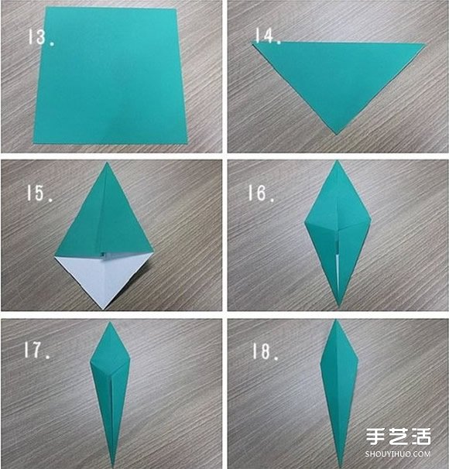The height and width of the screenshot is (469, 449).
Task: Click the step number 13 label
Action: point(41,37)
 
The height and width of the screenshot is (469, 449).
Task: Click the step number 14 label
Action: point(268,36)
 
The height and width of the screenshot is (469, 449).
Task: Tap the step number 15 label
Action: point(39,193)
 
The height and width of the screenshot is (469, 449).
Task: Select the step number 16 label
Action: point(261,193)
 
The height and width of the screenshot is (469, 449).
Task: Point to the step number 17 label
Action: point(37,351)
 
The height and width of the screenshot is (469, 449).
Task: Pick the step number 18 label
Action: point(266,351)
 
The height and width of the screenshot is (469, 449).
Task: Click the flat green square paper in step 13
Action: point(110,75)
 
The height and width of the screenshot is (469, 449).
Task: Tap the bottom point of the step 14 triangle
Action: point(337,135)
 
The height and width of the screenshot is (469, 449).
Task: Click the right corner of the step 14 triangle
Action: point(424,44)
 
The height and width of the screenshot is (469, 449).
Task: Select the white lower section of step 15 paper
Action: point(103,276)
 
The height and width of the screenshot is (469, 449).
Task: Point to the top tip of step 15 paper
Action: point(107,163)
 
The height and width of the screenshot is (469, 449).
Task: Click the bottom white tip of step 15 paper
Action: point(103,308)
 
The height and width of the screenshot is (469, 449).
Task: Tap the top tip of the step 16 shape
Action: point(338,161)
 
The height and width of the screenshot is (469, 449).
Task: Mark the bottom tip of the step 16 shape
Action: point(339,306)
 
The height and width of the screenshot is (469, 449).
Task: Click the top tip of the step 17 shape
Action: point(110,322)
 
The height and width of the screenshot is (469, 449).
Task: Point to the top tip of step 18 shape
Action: point(336,320)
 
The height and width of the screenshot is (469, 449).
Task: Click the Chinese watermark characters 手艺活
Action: point(399,436)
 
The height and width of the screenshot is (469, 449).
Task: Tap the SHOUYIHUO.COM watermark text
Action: point(398,454)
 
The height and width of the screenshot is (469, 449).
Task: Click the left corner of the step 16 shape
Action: point(305,223)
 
